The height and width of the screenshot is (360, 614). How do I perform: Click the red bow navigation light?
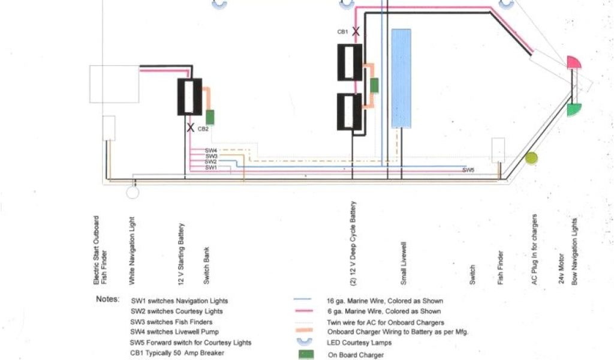(x=573, y=63)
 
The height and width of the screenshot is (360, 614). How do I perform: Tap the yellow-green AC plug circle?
(x=531, y=158)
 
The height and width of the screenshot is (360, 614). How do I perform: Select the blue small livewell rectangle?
(x=401, y=77)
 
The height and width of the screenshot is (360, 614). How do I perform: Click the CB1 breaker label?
(x=342, y=32)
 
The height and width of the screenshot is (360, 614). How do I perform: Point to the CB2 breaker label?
(x=203, y=128)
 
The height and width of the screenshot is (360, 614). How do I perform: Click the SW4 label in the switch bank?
(x=210, y=151)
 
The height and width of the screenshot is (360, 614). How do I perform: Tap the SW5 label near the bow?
(x=468, y=170)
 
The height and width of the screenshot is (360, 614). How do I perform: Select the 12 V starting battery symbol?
(x=189, y=97)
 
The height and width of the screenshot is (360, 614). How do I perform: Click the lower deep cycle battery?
(x=348, y=112)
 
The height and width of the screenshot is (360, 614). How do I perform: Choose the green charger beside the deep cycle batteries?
(x=374, y=85)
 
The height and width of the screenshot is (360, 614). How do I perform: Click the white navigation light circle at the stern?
(x=132, y=192)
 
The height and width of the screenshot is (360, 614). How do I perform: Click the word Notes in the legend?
(x=108, y=299)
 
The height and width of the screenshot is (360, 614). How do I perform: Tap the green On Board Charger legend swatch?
(x=306, y=354)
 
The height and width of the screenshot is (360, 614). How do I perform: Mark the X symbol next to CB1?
(x=356, y=31)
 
